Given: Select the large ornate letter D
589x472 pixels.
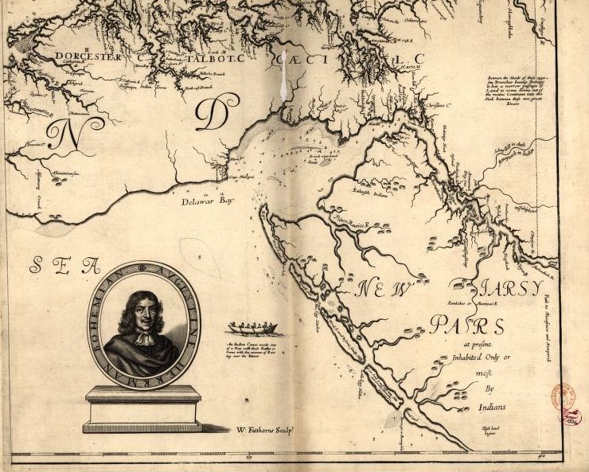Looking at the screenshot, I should coord(211,117).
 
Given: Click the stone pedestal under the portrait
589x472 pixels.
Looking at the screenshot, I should coord(143,408).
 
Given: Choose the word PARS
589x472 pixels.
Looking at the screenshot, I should coord(467,325).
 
